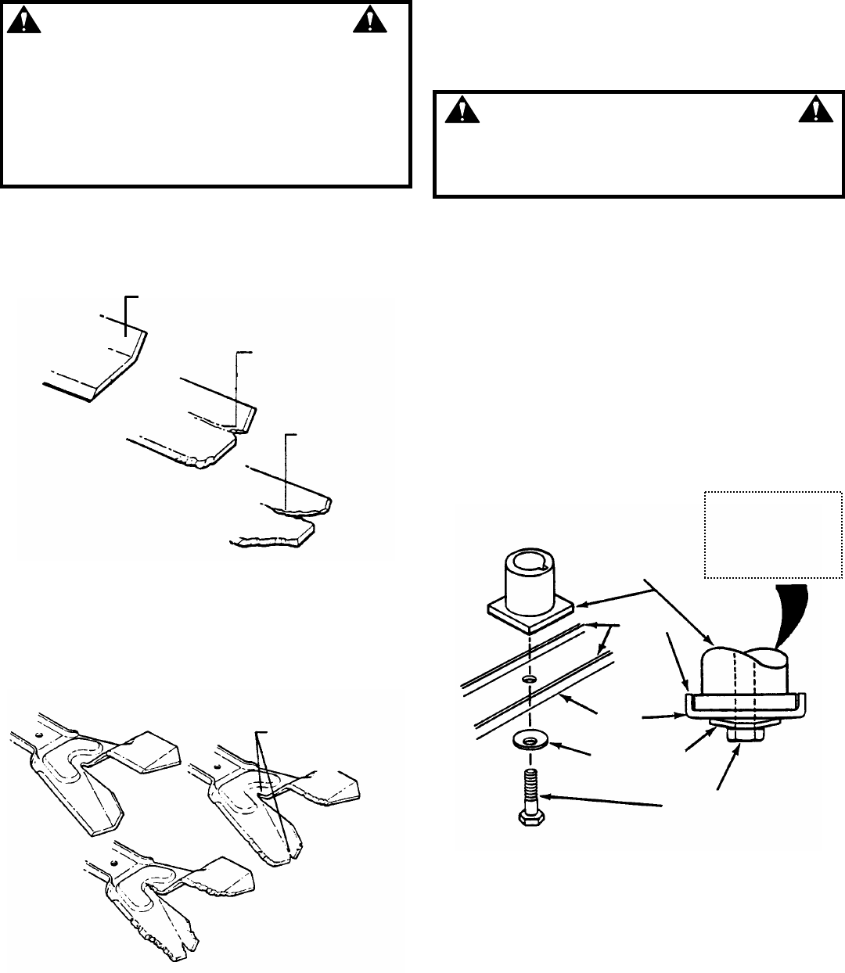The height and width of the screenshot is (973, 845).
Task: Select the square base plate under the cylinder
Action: (x=531, y=614)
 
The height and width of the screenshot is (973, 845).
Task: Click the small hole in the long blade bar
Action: (x=529, y=680)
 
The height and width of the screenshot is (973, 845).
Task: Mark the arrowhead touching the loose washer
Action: (x=554, y=744)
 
